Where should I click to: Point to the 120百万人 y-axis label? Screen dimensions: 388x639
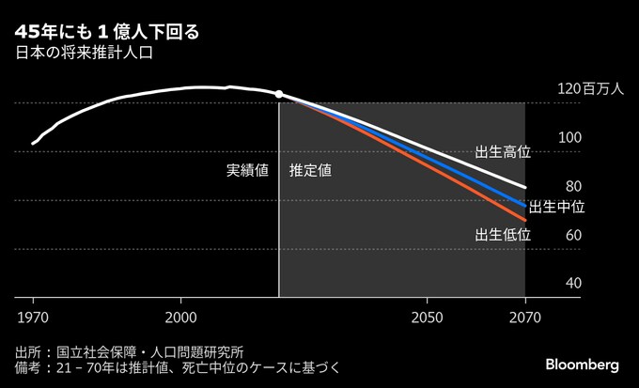point(591,91)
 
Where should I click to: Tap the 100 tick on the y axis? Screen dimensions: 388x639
point(570,137)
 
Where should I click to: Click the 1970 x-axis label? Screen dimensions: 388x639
point(33,316)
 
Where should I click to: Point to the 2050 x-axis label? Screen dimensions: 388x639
point(428,316)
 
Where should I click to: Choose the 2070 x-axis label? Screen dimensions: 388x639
point(525,316)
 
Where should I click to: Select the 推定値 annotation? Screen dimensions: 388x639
point(310,172)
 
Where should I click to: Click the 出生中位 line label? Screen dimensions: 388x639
point(557,207)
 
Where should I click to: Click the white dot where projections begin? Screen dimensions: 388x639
point(279,94)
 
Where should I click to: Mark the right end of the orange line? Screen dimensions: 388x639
point(524,220)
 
